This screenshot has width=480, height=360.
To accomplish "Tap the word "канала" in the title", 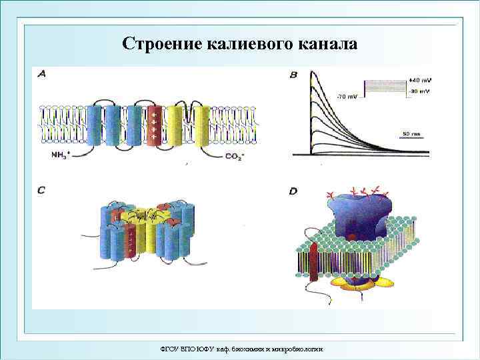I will [326, 44].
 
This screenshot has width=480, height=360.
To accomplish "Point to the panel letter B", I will [294, 75].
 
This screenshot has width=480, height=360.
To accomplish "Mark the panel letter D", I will [294, 191].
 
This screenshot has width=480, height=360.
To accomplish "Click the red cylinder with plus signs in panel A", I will [154, 125].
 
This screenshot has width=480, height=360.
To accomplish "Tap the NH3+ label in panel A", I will [62, 155].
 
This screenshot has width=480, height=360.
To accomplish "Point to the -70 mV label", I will [347, 97].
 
